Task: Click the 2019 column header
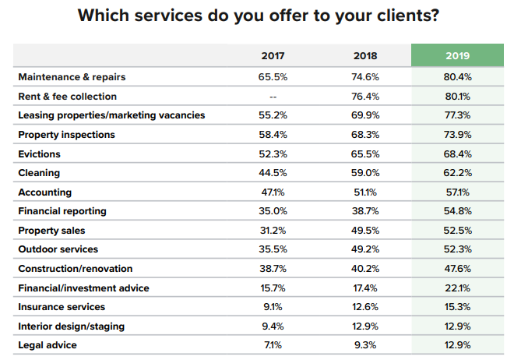point(458,56)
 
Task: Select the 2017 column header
point(273,56)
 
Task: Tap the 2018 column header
point(365,56)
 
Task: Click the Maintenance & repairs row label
point(72,77)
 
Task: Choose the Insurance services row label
point(62,307)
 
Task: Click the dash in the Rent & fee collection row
point(273,97)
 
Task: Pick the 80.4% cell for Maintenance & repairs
point(458,77)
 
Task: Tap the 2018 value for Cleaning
point(365,173)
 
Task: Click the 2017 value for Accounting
point(273,192)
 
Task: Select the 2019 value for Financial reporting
point(458,211)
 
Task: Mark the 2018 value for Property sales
point(365,230)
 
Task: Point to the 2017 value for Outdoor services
point(273,249)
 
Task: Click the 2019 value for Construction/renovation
point(458,268)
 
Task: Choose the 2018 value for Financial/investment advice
point(365,288)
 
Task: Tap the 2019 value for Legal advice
point(458,344)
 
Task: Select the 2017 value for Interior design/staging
point(273,326)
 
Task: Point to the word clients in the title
point(393,16)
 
